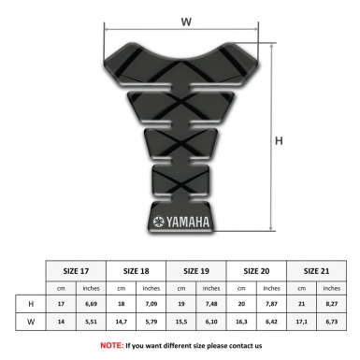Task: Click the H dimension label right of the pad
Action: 278,141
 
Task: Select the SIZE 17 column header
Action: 77,269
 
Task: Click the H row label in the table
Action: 33,304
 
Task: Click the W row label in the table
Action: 33,323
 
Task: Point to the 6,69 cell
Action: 92,304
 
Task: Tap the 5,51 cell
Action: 92,323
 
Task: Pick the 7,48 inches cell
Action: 211,304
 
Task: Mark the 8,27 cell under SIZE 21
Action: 330,304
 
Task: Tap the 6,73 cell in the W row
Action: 330,323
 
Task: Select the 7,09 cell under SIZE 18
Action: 151,304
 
